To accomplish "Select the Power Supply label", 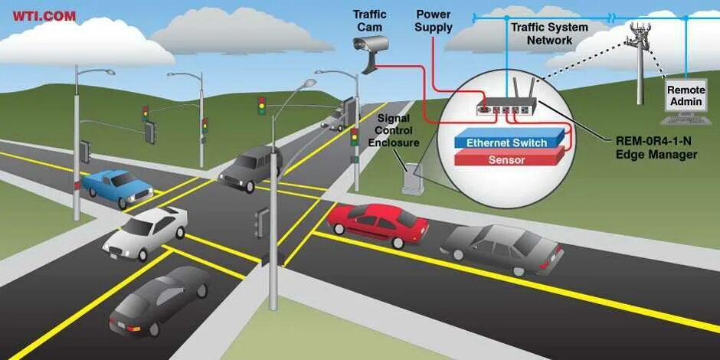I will coord(434,21).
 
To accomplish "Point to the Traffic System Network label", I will coord(549,33).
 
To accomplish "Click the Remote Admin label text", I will coord(686,96).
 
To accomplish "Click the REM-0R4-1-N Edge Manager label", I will coord(656,147).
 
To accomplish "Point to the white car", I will coord(146,233).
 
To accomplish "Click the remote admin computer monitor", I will coord(685,97).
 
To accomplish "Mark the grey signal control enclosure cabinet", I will coord(413,178).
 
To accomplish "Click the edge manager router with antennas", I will coord(506,103).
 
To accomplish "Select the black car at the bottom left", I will coord(159,299).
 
